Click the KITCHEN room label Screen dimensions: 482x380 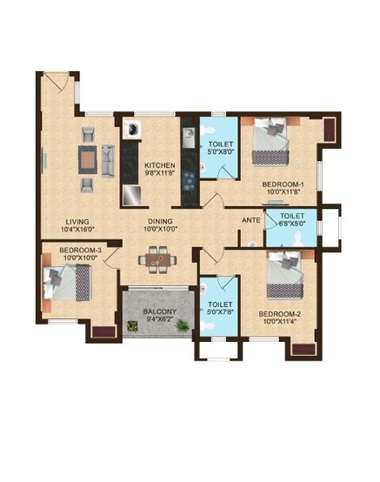tap(160, 165)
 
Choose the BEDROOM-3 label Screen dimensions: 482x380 tap(80, 251)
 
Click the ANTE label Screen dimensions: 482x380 tap(250, 221)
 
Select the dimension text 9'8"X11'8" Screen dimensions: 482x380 tap(160, 174)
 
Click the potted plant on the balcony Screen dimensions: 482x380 tap(132, 326)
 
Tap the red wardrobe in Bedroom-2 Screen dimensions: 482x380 tap(303, 349)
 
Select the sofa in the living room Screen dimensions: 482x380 tap(108, 160)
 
